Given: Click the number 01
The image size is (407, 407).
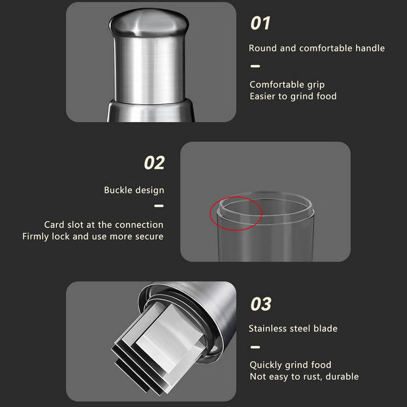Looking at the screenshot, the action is (261, 23).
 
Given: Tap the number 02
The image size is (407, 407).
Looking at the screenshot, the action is (154, 163).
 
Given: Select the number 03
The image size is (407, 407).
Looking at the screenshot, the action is (261, 304).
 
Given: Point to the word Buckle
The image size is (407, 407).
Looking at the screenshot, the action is (118, 190).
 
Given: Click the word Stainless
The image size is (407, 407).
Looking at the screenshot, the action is (266, 328).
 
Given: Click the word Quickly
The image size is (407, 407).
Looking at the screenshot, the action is (266, 365).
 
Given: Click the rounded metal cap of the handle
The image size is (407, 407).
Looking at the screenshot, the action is (149, 23).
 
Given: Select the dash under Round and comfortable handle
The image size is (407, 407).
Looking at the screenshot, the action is (255, 66).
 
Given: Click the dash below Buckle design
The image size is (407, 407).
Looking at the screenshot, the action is (159, 206).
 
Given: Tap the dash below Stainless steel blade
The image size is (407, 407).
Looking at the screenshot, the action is (255, 347).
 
